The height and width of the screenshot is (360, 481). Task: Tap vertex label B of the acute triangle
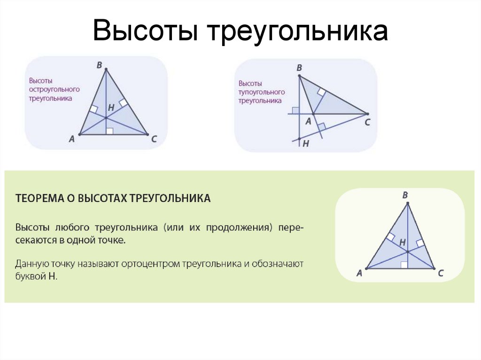(100, 65)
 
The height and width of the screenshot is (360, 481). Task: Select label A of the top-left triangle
(72, 138)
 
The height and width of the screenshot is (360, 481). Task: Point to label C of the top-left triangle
(154, 138)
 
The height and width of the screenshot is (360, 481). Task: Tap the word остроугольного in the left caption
(54, 90)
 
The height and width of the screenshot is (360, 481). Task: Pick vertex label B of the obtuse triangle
(299, 68)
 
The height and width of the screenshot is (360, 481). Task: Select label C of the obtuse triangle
(367, 123)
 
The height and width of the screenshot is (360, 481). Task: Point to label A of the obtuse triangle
(308, 122)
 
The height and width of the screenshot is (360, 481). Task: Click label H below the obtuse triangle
(306, 144)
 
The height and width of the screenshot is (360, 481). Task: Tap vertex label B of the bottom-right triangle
(405, 195)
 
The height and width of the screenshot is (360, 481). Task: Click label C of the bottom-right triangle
(441, 273)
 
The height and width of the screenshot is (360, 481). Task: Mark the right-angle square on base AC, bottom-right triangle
(404, 265)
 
